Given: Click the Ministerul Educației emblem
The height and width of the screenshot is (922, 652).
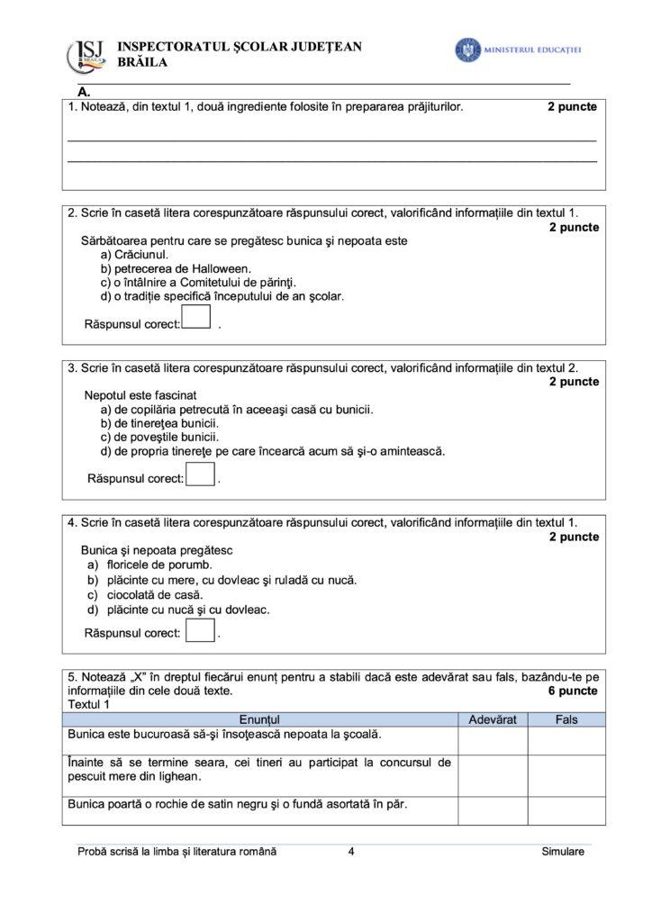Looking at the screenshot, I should pos(467,50).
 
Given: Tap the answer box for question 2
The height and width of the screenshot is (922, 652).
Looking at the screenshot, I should pos(196,318).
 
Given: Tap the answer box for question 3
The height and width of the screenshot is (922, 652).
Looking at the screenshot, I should pos(200,474).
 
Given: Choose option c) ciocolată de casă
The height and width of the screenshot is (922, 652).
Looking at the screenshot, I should pos(145,594).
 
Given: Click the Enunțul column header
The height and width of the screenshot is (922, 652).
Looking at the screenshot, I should pos(260,719).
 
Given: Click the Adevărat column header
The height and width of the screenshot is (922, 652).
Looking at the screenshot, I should pos(493,719).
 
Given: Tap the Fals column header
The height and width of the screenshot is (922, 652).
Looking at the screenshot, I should pos(566,719).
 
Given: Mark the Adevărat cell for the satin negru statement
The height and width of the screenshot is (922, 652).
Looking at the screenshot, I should pos(493,810).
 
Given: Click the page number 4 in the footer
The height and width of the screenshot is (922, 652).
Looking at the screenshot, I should pos(350,851).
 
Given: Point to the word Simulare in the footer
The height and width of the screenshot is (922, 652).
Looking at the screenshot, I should pos(563,851).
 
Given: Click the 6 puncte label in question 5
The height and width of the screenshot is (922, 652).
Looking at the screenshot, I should pos(572,691).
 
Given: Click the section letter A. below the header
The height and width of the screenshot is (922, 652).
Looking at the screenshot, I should pos(84,92).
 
